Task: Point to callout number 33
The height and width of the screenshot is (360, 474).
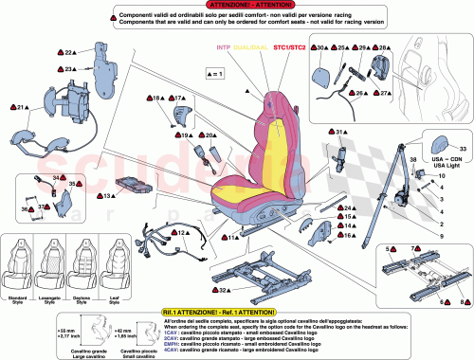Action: click(462, 150)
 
